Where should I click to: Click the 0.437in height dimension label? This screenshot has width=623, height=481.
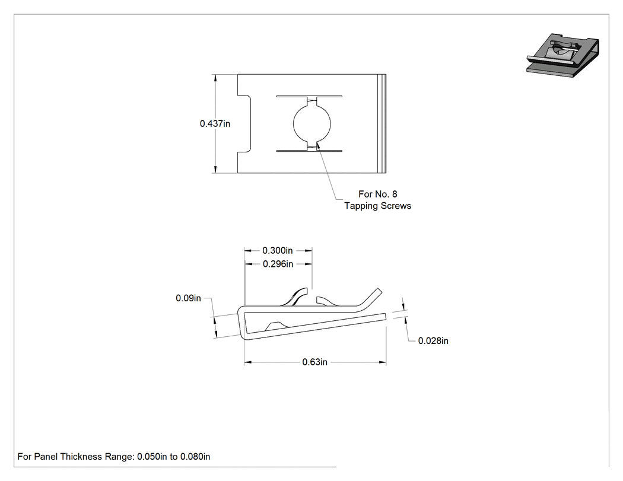pyautogui.click(x=215, y=123)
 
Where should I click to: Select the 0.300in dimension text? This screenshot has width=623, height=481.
pyautogui.click(x=277, y=251)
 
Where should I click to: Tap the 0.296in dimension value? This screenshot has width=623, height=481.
pyautogui.click(x=278, y=264)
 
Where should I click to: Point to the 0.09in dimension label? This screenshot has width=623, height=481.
pyautogui.click(x=188, y=298)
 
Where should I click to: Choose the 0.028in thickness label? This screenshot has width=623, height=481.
pyautogui.click(x=433, y=341)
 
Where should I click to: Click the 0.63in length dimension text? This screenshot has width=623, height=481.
pyautogui.click(x=314, y=362)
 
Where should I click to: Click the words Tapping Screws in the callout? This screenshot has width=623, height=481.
pyautogui.click(x=377, y=206)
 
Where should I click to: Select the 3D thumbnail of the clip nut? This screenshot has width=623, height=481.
pyautogui.click(x=562, y=55)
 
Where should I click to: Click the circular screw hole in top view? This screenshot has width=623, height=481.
pyautogui.click(x=312, y=123)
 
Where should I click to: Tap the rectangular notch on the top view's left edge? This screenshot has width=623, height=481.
pyautogui.click(x=244, y=123)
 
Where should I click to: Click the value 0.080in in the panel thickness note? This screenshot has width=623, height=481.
pyautogui.click(x=195, y=457)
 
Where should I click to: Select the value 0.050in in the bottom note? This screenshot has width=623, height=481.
pyautogui.click(x=152, y=457)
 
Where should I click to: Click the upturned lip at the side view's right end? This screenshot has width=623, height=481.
pyautogui.click(x=372, y=298)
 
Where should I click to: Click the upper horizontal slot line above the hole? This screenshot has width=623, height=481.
pyautogui.click(x=309, y=96)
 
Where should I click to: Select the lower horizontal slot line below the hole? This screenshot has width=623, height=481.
pyautogui.click(x=309, y=151)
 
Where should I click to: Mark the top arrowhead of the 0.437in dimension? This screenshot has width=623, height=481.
pyautogui.click(x=215, y=78)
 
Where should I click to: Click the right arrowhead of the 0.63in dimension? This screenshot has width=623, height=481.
pyautogui.click(x=383, y=362)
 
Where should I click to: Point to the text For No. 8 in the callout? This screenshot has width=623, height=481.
pyautogui.click(x=377, y=194)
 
